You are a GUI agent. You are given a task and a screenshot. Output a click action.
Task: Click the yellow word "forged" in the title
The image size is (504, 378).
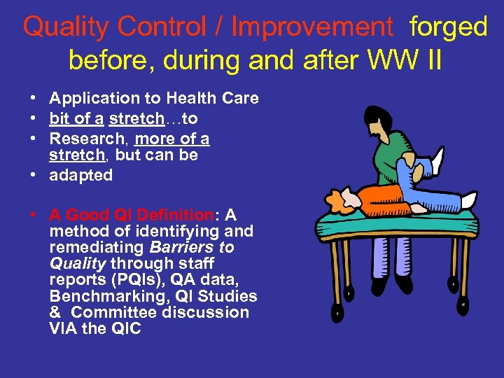[449, 27]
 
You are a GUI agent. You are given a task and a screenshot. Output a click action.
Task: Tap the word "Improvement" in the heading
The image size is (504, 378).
[312, 27]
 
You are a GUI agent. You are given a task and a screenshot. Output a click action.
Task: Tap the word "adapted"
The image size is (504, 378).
[80, 175]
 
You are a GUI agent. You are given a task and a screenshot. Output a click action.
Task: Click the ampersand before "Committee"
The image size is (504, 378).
[55, 312]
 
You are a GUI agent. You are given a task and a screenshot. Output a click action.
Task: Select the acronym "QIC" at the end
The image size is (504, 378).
[125, 328]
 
